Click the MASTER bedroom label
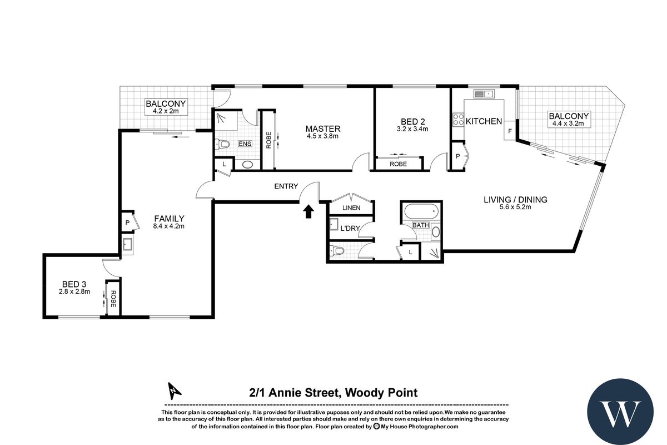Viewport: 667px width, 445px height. [322, 129]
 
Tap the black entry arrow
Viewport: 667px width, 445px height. [309, 211]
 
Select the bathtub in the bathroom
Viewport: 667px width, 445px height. [421, 212]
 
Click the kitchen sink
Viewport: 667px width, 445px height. [487, 93]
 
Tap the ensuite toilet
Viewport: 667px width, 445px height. [223, 145]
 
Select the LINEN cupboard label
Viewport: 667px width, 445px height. [351, 208]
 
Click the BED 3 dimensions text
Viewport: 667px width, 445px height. [74, 291]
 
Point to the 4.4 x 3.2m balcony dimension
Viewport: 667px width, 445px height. [569, 123]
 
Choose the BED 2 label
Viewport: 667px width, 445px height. [412, 121]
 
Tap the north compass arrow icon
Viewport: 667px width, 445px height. [175, 392]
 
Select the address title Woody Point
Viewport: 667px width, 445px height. [333, 393]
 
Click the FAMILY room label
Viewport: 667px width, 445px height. [169, 219]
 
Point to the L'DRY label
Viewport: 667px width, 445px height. [351, 228]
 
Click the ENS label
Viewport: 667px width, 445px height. [245, 144]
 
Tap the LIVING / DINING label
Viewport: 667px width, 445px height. [515, 200]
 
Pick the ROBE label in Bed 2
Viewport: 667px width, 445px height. [398, 164]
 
